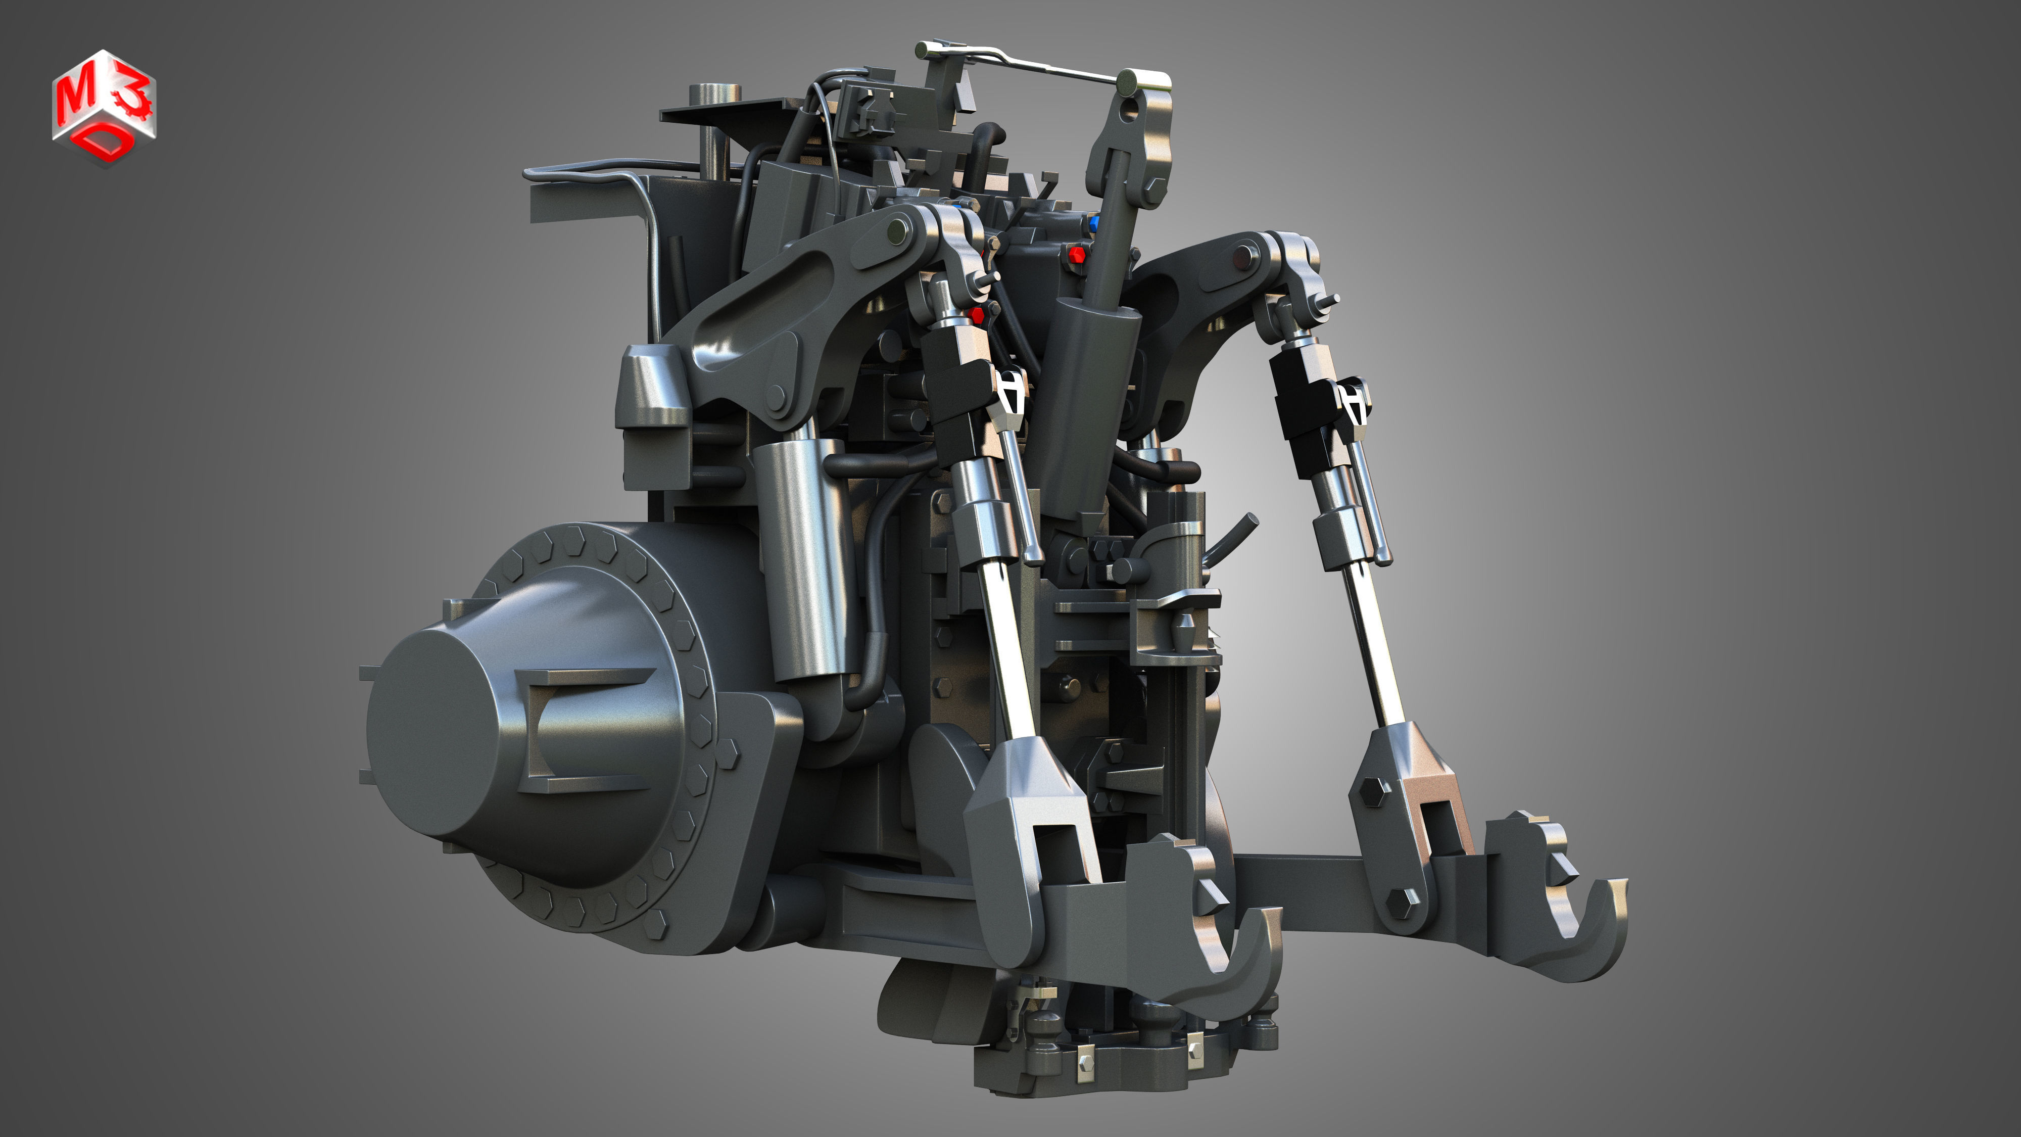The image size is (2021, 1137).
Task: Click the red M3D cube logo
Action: pyautogui.click(x=105, y=108)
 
